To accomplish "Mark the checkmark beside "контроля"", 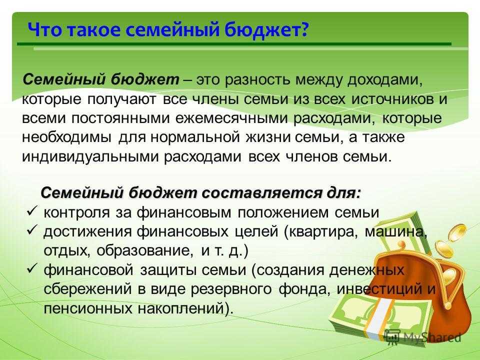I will click(x=32, y=212).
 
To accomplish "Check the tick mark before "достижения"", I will click(x=32, y=231).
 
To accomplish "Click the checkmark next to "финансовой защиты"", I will click(x=32, y=269).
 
